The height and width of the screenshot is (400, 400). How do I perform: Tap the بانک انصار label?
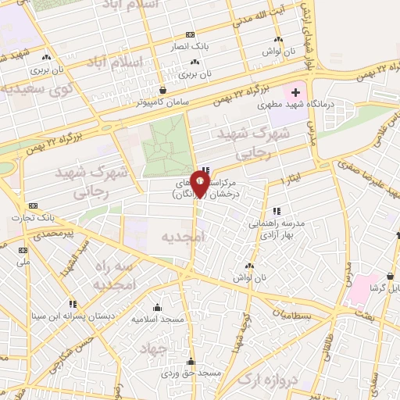[x=191, y=46]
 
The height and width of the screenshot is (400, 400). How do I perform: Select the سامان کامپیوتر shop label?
[x=162, y=102]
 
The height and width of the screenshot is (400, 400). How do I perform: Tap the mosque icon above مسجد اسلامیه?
[x=157, y=307]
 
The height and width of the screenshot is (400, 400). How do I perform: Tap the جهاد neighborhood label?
[x=155, y=349]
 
